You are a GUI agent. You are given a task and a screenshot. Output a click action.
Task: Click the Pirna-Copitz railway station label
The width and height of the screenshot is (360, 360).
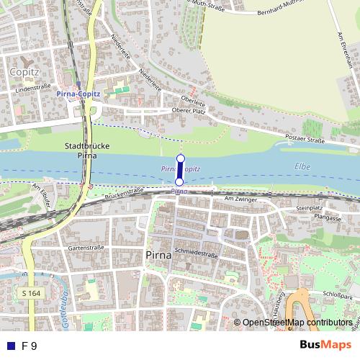pos(78,94)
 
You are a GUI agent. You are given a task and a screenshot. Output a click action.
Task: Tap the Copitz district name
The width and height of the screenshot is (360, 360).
pos(26,71)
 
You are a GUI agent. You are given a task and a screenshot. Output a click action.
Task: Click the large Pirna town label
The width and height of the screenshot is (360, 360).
pos(159,256)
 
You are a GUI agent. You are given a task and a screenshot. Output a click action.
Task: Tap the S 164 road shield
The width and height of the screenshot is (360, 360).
pos(30,294)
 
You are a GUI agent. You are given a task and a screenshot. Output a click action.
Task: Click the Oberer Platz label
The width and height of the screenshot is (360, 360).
pos(189,110)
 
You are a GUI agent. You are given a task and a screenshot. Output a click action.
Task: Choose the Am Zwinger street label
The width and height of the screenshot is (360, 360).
pos(240,198)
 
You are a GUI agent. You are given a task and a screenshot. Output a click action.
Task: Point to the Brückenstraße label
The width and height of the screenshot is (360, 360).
pos(125,192)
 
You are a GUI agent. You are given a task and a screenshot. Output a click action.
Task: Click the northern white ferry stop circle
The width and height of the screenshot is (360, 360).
pos(180,158)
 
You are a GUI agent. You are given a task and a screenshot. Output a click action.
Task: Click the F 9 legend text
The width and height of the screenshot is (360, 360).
pos(30,346)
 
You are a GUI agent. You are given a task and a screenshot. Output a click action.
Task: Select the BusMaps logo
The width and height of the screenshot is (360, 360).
pos(325,345)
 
